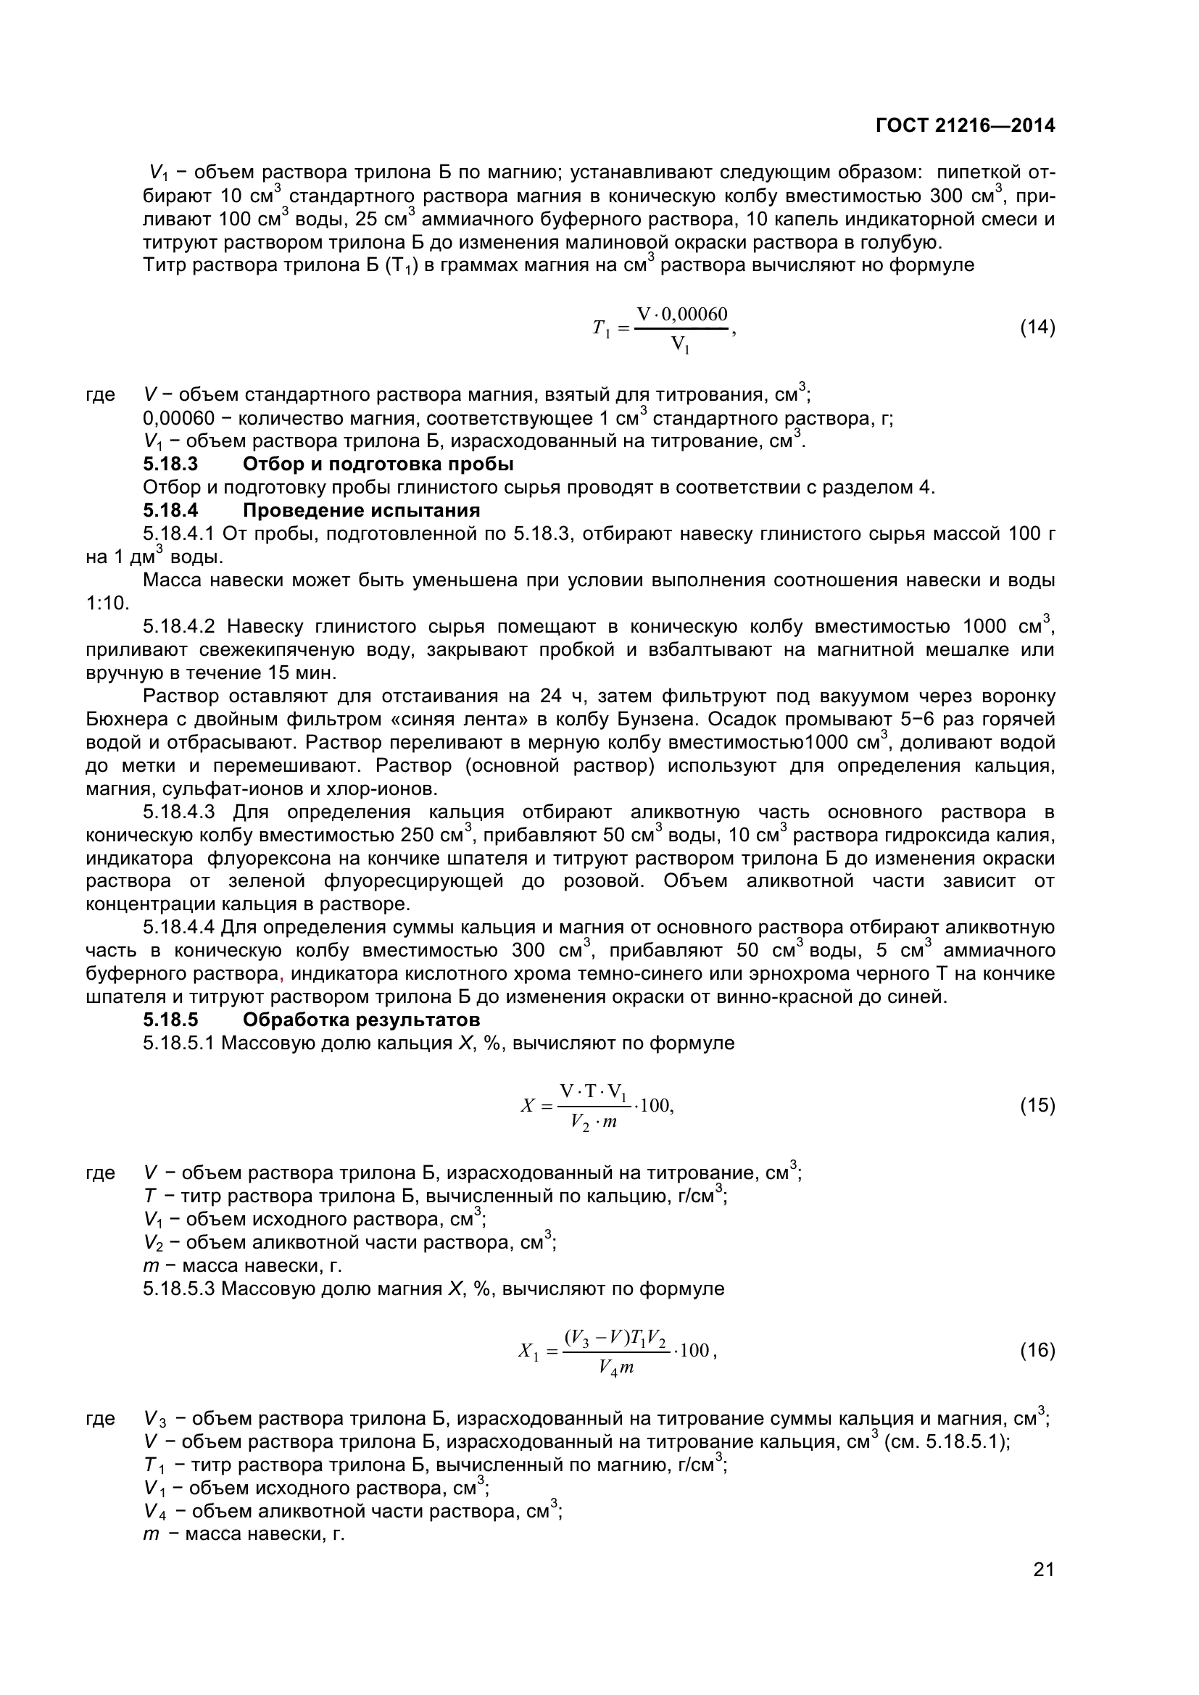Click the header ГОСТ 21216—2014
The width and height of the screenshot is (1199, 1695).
tap(965, 125)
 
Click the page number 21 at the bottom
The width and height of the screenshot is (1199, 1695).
tap(1044, 1589)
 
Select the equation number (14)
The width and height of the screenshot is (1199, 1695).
tap(1037, 327)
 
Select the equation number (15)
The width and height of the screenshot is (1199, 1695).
tap(1037, 1105)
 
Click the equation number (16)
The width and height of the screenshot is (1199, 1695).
tap(1037, 1350)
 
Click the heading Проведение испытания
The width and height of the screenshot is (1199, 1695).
tap(361, 510)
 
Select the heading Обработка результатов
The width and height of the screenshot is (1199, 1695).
tap(361, 1020)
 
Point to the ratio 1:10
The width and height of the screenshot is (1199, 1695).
tap(108, 603)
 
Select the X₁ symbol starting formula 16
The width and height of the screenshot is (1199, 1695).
tap(528, 1352)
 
